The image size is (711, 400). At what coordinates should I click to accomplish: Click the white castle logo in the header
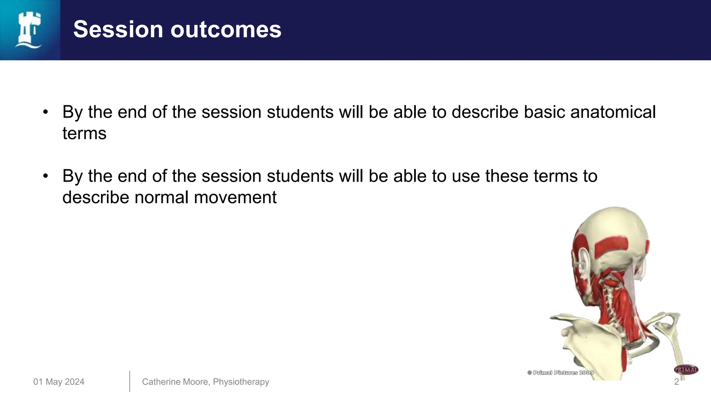click(28, 30)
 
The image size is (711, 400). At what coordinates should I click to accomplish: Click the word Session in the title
click(118, 29)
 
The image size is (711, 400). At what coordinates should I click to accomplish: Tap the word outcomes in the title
click(226, 29)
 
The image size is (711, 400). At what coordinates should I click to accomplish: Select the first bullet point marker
click(45, 112)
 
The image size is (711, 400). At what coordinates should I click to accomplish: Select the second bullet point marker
click(45, 176)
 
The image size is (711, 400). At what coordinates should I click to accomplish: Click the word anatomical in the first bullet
click(613, 112)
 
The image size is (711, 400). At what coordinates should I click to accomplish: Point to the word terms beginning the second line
click(84, 134)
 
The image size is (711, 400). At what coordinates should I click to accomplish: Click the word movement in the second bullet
click(235, 198)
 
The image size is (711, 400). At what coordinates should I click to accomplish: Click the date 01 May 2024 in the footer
click(59, 382)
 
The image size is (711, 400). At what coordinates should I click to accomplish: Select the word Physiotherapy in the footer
click(241, 382)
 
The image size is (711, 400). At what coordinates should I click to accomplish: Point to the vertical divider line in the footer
click(129, 381)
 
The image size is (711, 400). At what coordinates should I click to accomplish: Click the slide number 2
click(676, 382)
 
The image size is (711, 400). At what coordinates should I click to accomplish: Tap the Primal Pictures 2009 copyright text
click(560, 373)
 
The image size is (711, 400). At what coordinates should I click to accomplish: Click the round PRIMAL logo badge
click(686, 370)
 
